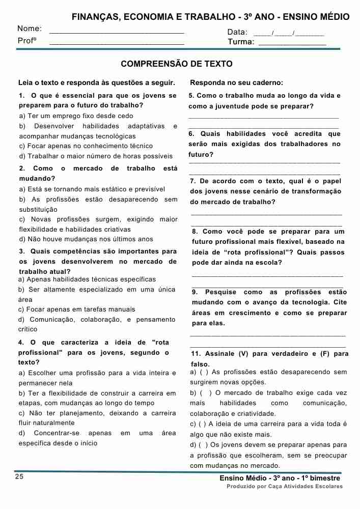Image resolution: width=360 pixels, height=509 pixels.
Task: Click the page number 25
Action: tap(19, 476)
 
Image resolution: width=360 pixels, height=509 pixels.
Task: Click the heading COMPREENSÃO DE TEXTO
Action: tap(177, 64)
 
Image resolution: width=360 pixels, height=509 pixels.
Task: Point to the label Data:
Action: tap(237, 33)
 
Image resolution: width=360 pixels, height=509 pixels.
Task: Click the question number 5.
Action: tap(191, 96)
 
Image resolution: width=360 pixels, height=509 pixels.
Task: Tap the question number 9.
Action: tap(195, 292)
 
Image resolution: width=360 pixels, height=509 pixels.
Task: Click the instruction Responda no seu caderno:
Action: tap(236, 83)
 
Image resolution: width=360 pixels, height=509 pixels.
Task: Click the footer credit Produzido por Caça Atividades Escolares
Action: tap(285, 487)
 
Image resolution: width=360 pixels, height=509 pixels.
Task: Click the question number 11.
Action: tap(195, 354)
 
